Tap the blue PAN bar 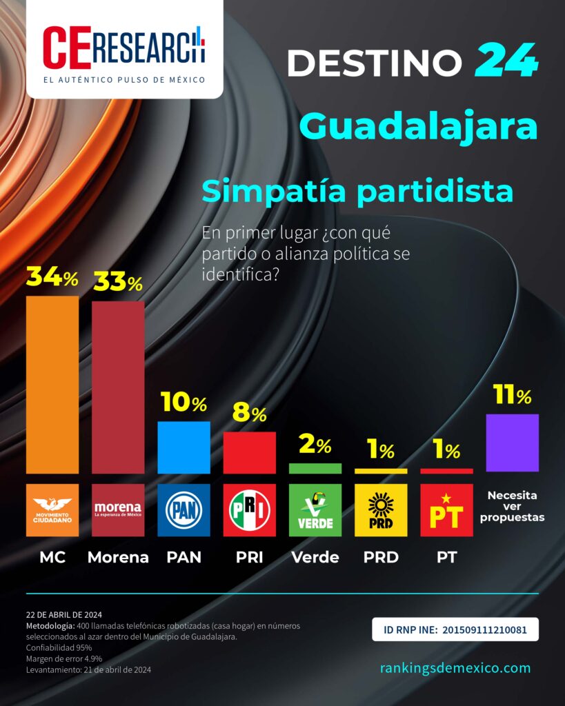click(184, 447)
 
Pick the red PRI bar click(249, 453)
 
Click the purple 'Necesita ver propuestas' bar click(512, 443)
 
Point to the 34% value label click(52, 277)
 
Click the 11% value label click(512, 396)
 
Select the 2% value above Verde click(315, 446)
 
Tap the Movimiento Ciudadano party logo click(52, 510)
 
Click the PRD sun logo click(381, 510)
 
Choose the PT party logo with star click(446, 510)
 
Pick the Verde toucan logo click(315, 510)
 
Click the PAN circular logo click(184, 510)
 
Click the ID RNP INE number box click(455, 629)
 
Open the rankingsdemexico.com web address click(455, 667)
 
